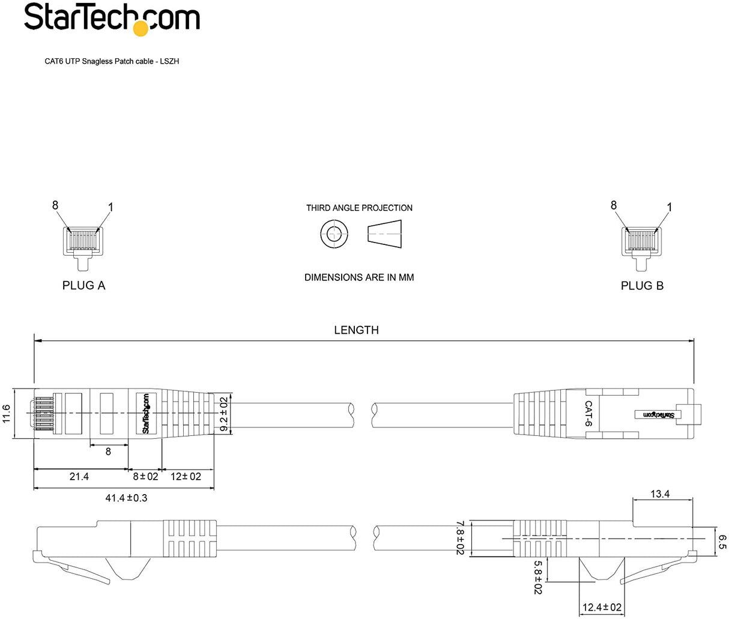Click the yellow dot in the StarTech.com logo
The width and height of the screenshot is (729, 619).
point(140,28)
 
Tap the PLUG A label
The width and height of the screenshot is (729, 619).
point(83,285)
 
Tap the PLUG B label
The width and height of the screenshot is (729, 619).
point(642,285)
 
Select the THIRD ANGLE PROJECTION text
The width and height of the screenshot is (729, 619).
point(359,208)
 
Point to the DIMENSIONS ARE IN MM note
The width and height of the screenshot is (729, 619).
point(359,277)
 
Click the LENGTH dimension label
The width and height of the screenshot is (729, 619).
point(356,330)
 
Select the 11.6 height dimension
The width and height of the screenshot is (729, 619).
point(7,413)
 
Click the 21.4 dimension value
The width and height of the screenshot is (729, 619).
point(79,477)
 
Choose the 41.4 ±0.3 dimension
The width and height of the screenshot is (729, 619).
point(126,498)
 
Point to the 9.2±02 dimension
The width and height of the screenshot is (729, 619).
point(224,414)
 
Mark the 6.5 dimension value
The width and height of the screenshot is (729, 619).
point(722,542)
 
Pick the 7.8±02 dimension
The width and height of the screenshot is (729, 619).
point(461,538)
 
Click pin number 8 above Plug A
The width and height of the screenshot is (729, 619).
point(55,205)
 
